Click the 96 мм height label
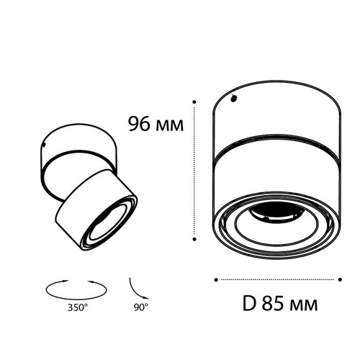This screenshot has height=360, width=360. [x=156, y=124]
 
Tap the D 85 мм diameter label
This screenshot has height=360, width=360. [x=280, y=304]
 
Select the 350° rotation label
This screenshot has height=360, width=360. [x=77, y=307]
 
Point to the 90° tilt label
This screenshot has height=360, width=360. [x=141, y=307]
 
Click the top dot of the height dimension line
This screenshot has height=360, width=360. [x=194, y=102]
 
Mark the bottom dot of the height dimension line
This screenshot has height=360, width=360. [x=194, y=239]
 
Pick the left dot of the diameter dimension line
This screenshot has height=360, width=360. [x=216, y=279]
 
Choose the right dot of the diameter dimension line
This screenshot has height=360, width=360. [x=340, y=279]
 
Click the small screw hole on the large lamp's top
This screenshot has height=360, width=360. [x=233, y=99]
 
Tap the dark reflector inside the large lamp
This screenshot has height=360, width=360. [x=276, y=213]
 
